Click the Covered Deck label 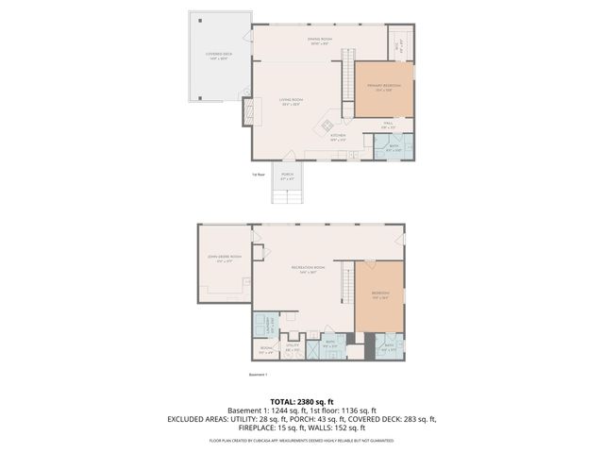pyautogui.click(x=220, y=56)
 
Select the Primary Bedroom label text pyautogui.click(x=384, y=88)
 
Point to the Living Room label pyautogui.click(x=290, y=101)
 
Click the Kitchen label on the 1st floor pyautogui.click(x=338, y=137)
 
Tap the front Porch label pyautogui.click(x=287, y=176)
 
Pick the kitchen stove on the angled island pyautogui.click(x=326, y=124)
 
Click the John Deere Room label pyautogui.click(x=225, y=260)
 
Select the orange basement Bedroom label pyautogui.click(x=380, y=294)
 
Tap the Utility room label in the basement pyautogui.click(x=294, y=348)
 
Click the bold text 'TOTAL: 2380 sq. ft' pyautogui.click(x=301, y=402)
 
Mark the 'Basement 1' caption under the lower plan pyautogui.click(x=259, y=374)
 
